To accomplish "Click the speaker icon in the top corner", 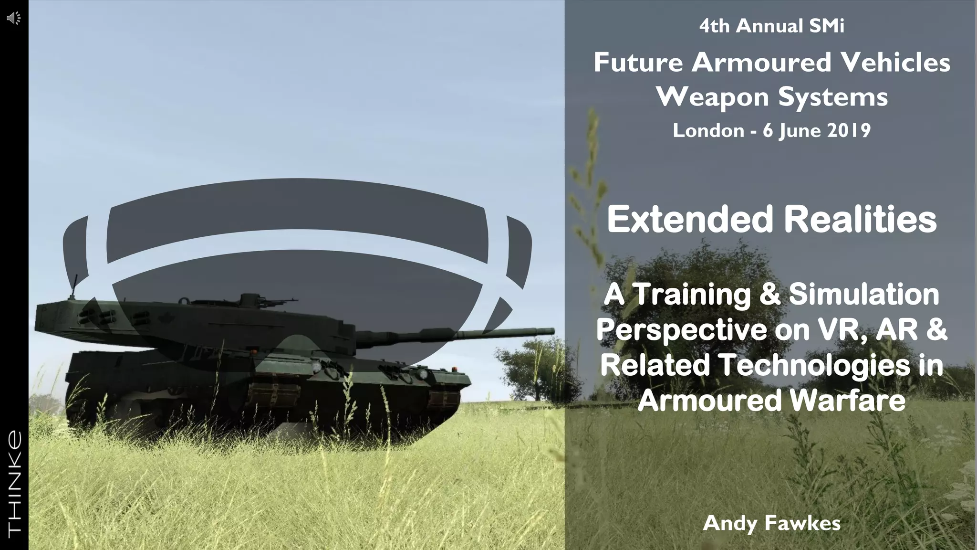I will pyautogui.click(x=14, y=19).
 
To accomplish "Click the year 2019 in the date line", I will pyautogui.click(x=849, y=130).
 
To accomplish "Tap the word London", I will pyautogui.click(x=708, y=130).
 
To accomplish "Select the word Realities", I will pyautogui.click(x=860, y=219).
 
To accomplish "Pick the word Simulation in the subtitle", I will pyautogui.click(x=863, y=295).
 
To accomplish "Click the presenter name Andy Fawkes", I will pyautogui.click(x=771, y=523).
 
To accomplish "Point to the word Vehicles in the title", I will pyautogui.click(x=891, y=63).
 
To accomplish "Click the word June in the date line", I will pyautogui.click(x=800, y=130).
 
